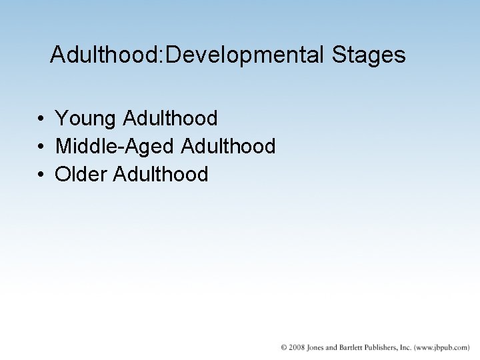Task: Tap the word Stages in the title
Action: pyautogui.click(x=367, y=55)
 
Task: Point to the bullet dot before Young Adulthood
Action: pyautogui.click(x=41, y=119)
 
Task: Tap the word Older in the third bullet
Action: pyautogui.click(x=81, y=175)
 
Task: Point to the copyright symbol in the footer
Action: pyautogui.click(x=285, y=347)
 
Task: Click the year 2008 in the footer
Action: pyautogui.click(x=297, y=347)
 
